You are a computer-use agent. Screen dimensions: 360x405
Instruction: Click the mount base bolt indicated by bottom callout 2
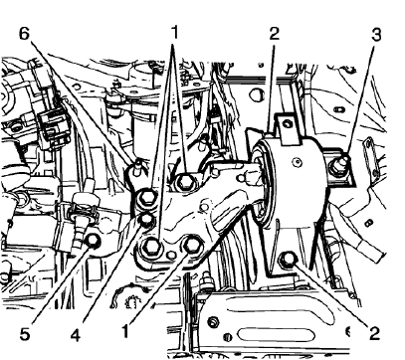pyautogui.click(x=288, y=261)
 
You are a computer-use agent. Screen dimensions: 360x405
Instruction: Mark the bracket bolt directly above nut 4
pyautogui.click(x=145, y=197)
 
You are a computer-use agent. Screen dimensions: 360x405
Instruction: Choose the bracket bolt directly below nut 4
pyautogui.click(x=154, y=245)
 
